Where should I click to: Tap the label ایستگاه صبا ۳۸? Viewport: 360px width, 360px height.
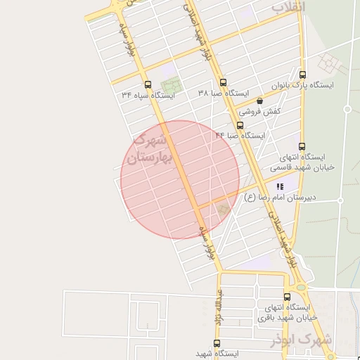[x=223, y=93]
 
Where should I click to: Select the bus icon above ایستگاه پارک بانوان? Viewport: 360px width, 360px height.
[x=302, y=75]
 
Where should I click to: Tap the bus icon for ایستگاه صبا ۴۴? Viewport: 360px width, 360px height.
[x=240, y=125]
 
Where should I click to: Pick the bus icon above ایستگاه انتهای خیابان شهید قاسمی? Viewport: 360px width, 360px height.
[x=302, y=146]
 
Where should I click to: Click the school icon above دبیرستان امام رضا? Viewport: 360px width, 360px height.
[x=280, y=187]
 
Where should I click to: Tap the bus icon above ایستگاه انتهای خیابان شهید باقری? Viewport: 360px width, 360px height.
[x=287, y=297]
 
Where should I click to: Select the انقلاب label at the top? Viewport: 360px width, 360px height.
[x=288, y=7]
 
